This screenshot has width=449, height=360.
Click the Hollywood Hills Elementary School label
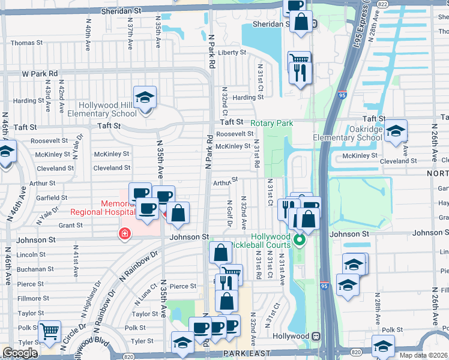(107, 109)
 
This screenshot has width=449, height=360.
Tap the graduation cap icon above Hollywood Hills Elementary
(145, 97)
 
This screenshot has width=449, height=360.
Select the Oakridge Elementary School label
(348, 133)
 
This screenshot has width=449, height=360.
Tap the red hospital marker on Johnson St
(125, 233)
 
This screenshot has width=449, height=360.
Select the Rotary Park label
(271, 123)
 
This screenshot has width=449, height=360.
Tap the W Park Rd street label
(40, 74)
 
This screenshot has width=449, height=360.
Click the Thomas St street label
(26, 43)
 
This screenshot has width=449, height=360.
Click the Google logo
(20, 353)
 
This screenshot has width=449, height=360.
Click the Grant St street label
(70, 226)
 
